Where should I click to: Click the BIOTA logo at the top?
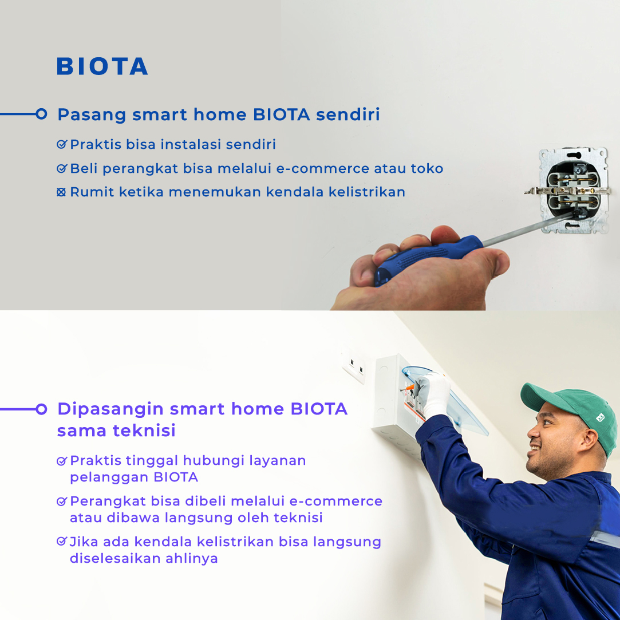coord(102,66)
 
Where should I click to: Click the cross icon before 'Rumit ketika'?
coord(62,192)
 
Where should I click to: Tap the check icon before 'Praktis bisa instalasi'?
coord(62,145)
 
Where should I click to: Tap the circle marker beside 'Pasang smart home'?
coord(41,114)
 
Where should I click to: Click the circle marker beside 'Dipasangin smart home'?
coord(41,409)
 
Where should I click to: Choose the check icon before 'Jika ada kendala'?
coord(62,542)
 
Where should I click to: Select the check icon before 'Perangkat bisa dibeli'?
coord(62,501)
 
